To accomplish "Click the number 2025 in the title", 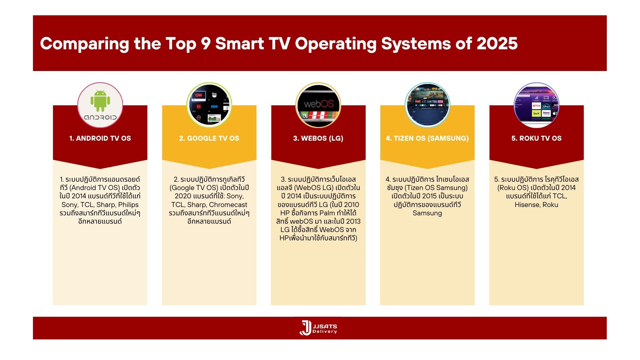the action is (497, 44).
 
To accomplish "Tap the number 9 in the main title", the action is (205, 44).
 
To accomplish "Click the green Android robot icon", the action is (100, 101).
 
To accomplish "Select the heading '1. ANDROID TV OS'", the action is (100, 138).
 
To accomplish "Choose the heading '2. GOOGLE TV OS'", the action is (209, 138).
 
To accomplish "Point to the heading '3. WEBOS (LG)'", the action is (318, 138).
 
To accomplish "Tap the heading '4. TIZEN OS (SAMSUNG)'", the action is (427, 138).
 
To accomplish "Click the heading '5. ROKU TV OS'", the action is (536, 138).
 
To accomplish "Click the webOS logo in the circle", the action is (319, 104).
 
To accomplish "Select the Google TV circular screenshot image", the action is (209, 105).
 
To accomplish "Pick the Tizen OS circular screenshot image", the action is (427, 105).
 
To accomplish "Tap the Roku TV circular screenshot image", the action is (536, 105).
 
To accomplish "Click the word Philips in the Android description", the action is (128, 205).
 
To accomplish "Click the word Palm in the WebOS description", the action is (327, 213).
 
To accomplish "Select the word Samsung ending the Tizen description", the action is (427, 213).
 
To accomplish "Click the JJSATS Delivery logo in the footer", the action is (318, 328).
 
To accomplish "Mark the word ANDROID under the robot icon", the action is (100, 117).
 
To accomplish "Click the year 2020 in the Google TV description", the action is (183, 196).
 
